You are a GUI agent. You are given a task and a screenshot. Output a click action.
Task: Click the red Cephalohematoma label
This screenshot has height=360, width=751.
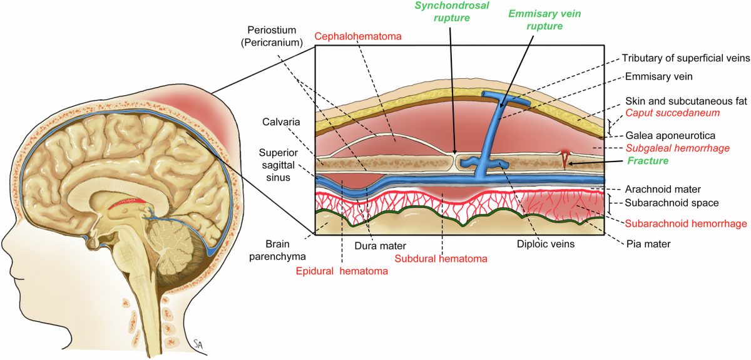[x=357, y=37]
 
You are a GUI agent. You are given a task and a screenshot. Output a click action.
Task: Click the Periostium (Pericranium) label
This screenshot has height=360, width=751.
[x=275, y=36]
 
